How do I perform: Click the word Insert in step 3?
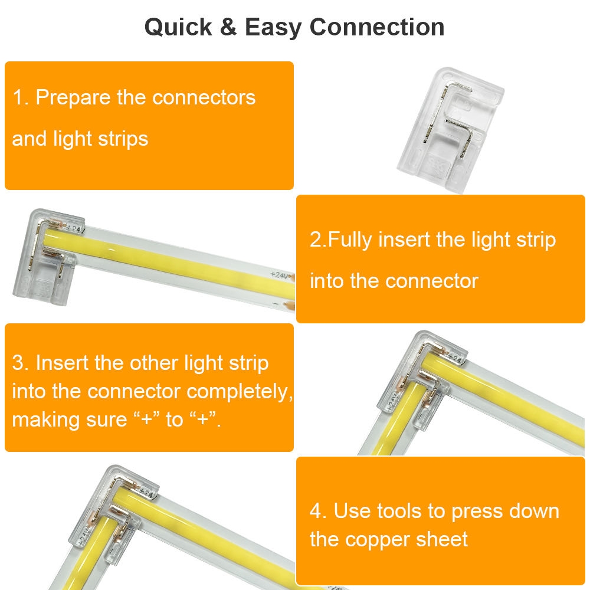click(62, 363)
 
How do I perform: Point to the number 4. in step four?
click(319, 511)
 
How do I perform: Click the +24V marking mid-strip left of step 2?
click(281, 275)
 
